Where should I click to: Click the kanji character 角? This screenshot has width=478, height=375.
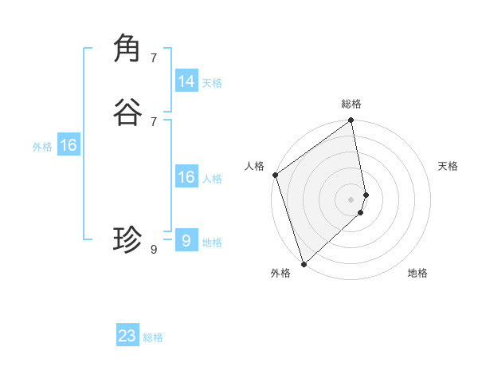(128, 49)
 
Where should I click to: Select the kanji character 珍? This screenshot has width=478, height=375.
(128, 239)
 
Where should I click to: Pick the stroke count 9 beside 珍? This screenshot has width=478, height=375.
(154, 250)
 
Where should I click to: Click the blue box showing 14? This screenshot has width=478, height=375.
(186, 81)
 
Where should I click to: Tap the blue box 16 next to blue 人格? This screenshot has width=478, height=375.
(186, 177)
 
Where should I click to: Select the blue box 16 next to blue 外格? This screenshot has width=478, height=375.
(69, 146)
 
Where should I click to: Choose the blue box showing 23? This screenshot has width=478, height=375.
(127, 336)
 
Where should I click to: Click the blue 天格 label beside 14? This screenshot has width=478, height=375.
(211, 83)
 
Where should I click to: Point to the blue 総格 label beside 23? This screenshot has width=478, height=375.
(153, 337)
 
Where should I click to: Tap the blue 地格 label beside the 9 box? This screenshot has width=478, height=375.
(211, 243)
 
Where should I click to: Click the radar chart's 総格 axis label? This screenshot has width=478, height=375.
(351, 104)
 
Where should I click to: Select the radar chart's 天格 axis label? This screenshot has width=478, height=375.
(448, 166)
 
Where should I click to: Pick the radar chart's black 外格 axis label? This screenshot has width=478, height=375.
(280, 273)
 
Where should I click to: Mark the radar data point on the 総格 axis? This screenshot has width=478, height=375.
(351, 121)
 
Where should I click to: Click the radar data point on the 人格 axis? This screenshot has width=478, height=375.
(275, 175)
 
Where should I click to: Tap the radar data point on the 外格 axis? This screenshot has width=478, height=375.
(304, 263)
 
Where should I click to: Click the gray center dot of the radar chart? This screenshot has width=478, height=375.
(351, 199)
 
